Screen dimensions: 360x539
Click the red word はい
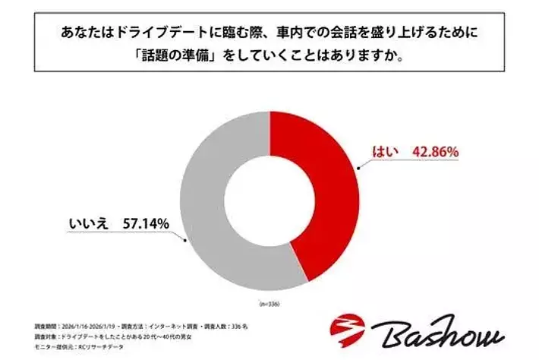click(x=383, y=151)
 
